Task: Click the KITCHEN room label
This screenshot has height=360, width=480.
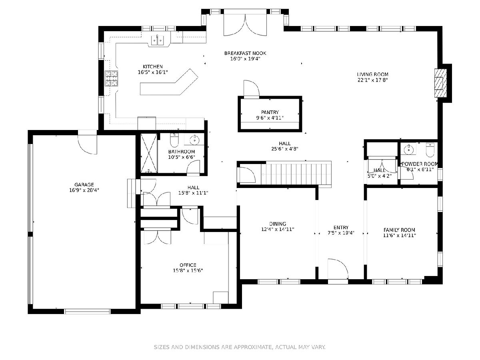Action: coord(153,66)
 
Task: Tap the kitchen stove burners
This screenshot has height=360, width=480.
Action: coord(112,78)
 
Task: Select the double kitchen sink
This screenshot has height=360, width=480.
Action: coord(158,40)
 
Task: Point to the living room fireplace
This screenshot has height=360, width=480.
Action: coord(440,83)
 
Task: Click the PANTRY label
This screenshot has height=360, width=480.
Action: coord(270,112)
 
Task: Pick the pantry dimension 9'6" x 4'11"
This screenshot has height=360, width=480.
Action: coord(270,118)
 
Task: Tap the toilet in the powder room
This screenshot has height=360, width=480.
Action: coord(430,150)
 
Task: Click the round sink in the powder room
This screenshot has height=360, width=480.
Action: coord(408,150)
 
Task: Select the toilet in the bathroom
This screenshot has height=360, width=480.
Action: coord(174,140)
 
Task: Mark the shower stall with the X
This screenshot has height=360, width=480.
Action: coord(149,153)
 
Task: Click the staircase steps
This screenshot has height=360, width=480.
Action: coord(296,174)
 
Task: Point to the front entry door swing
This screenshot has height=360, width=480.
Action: coord(338,269)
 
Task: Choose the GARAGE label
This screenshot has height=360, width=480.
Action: coord(84,184)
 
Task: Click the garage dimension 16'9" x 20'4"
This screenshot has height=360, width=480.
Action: coord(84,190)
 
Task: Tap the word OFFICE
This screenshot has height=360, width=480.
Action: coord(188,265)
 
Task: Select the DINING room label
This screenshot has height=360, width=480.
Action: coord(278,224)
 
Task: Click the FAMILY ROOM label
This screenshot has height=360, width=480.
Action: coord(399,230)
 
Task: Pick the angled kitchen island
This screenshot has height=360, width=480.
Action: coord(169,82)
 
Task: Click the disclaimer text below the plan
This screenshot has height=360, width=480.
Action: coord(240,347)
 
